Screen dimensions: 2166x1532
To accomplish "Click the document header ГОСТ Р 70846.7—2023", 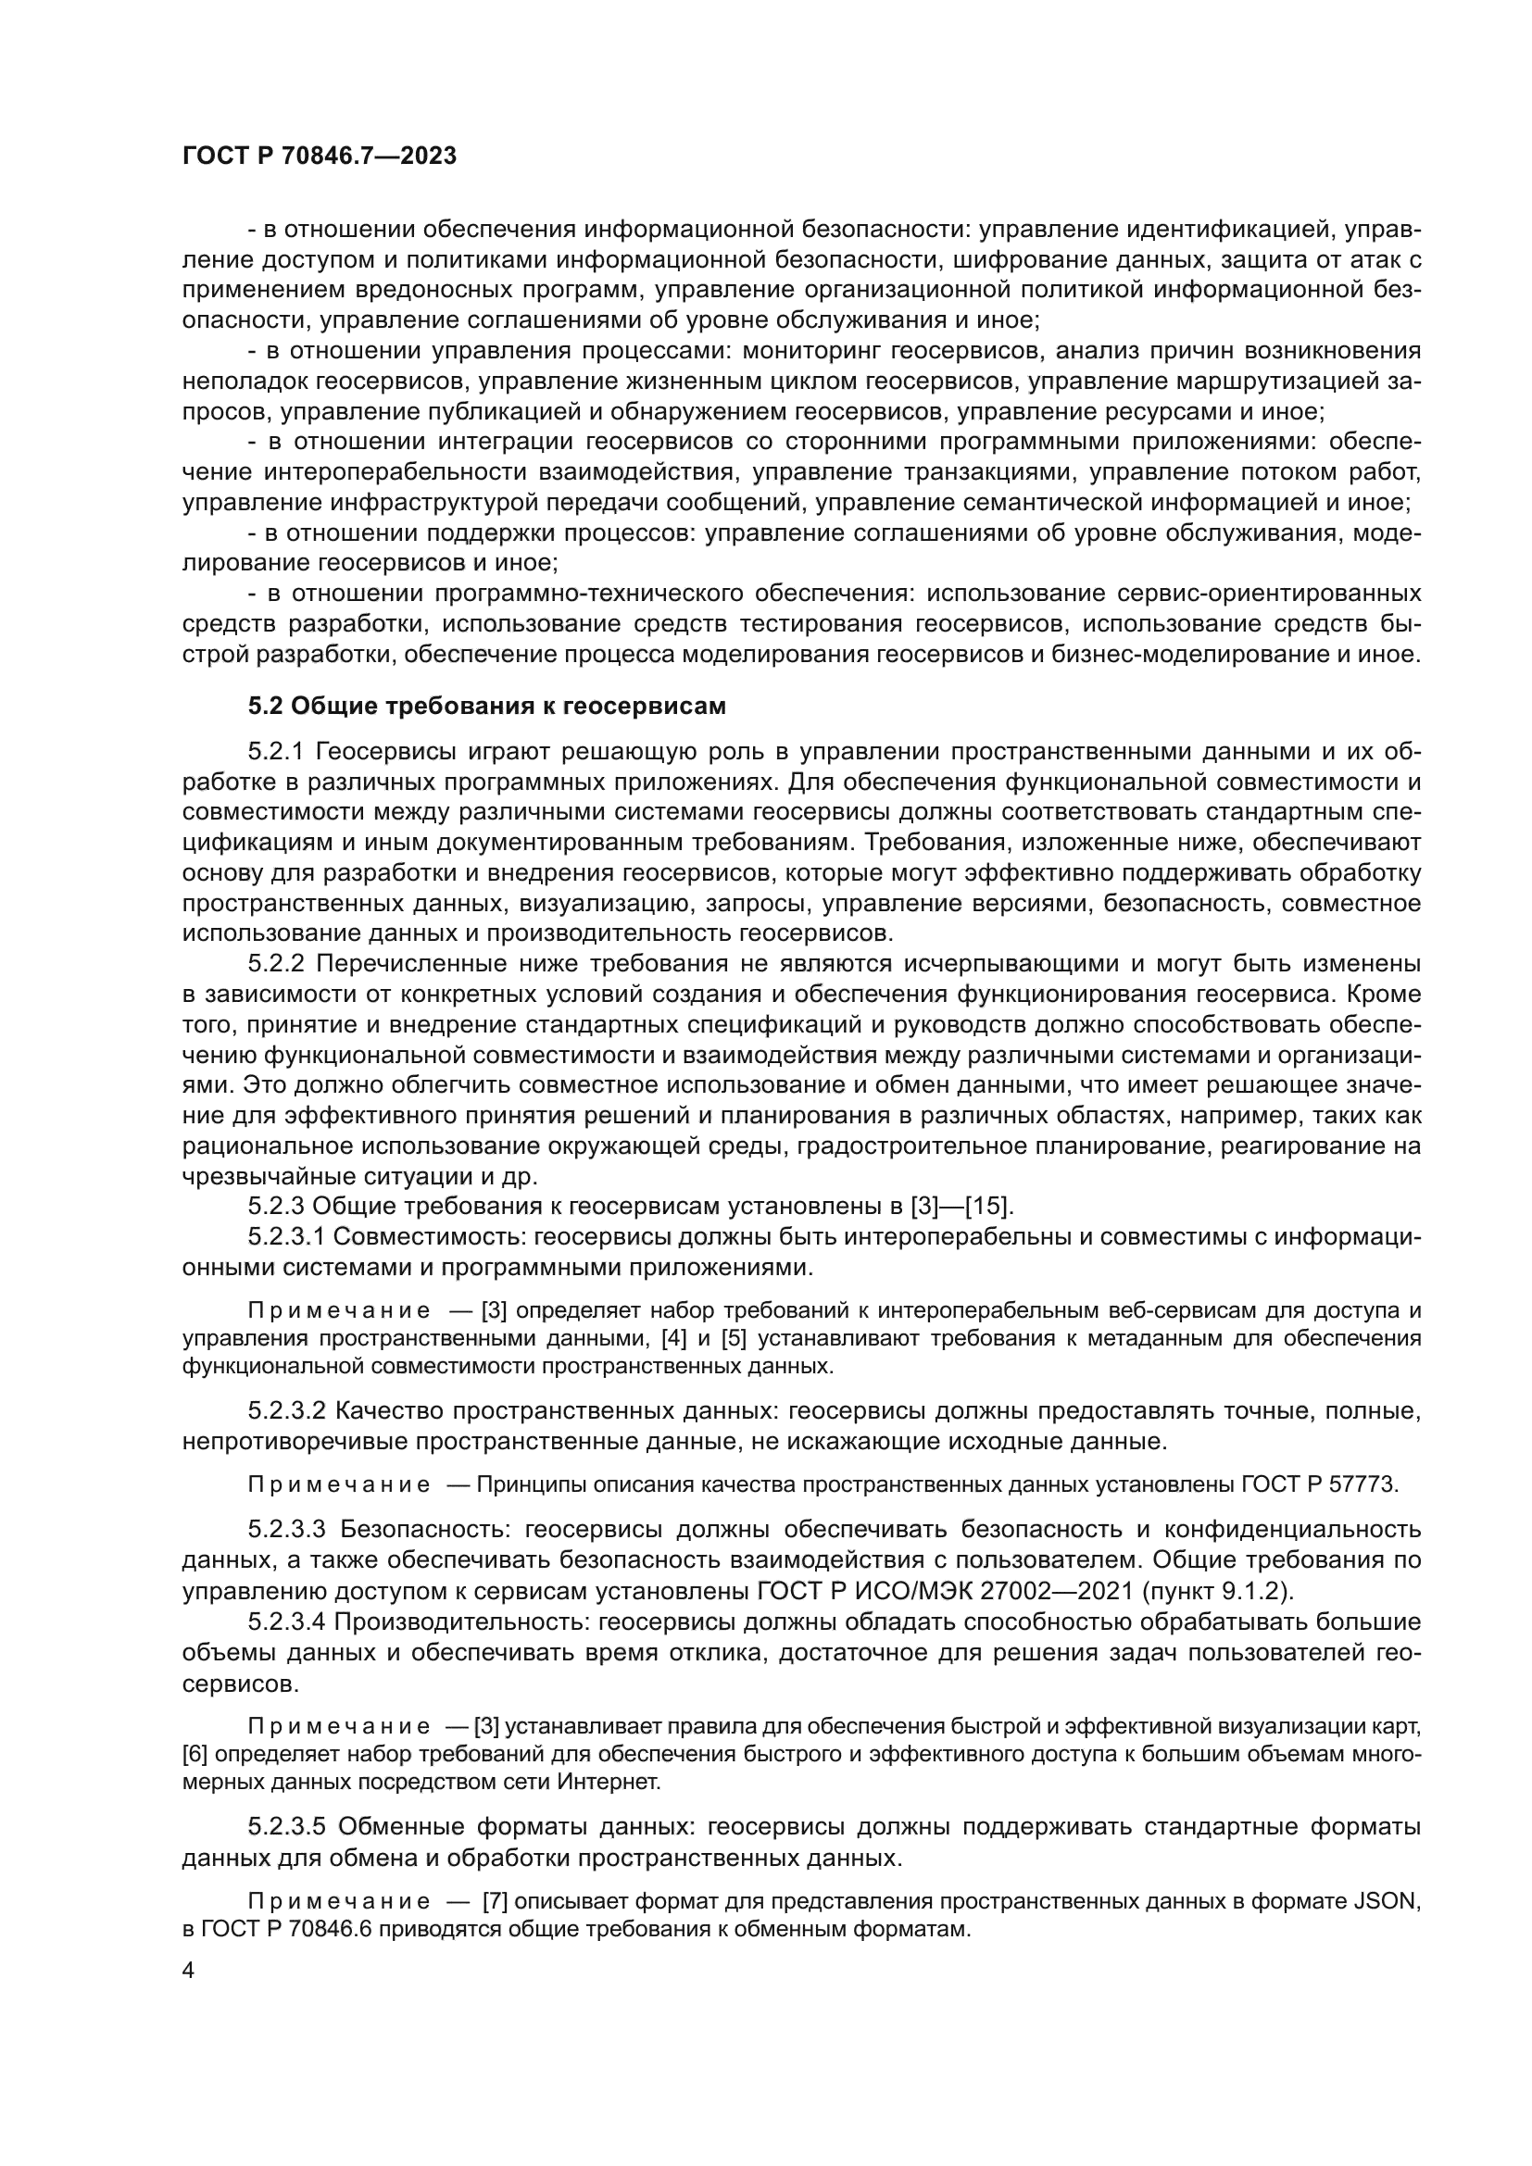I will tap(319, 157).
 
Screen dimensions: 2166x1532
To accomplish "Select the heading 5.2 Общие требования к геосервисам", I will tap(487, 706).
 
